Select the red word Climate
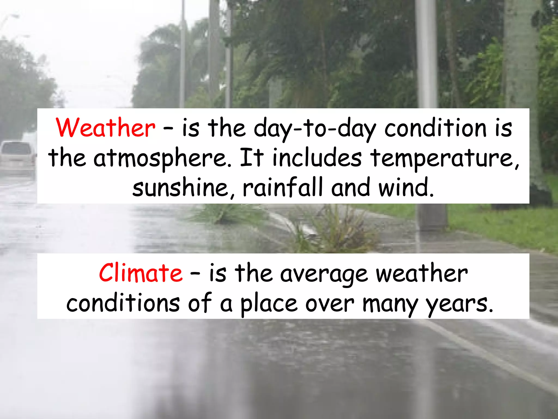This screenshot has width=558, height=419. tap(141, 273)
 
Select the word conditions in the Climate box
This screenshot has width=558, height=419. tap(123, 303)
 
